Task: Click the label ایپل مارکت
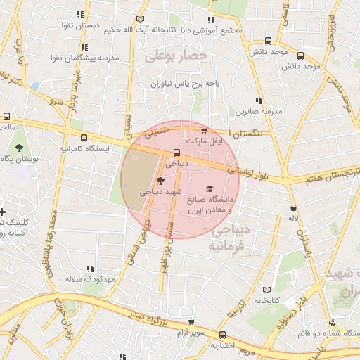pos(203,142)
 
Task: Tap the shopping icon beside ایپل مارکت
pos(204,131)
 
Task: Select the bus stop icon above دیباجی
pos(176,152)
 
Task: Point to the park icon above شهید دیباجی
pos(161,181)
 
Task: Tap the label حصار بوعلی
pos(176,55)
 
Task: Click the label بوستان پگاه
pos(19,160)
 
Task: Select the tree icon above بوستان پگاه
pos(19,148)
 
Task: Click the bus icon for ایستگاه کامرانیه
pos(84,138)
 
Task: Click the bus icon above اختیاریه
pos(223,335)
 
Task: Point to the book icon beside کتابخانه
pos(266,289)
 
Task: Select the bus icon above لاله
pos(292,207)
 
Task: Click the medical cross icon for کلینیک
pos(2,212)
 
